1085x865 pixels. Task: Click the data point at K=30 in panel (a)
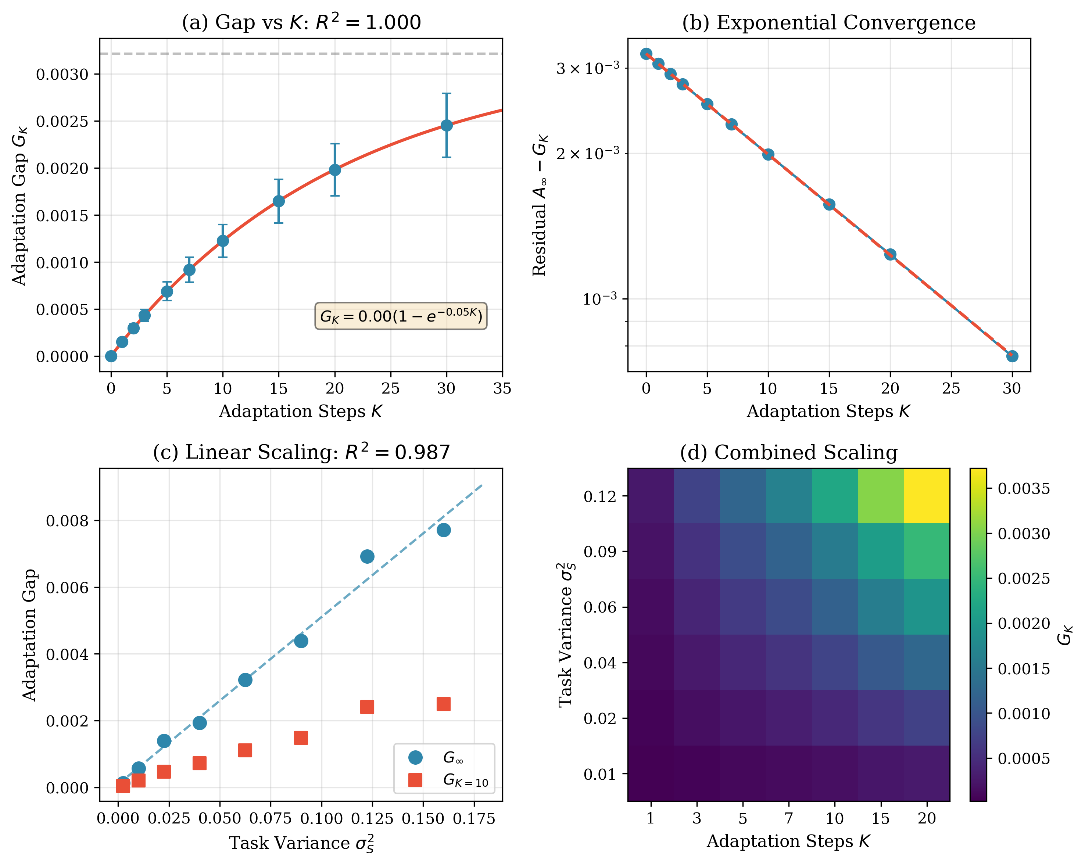(x=446, y=125)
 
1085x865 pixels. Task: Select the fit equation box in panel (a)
(x=401, y=316)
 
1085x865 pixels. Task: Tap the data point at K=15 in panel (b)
(x=829, y=204)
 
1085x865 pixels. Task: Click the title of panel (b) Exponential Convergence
(x=829, y=23)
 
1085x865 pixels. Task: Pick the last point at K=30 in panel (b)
(x=1012, y=356)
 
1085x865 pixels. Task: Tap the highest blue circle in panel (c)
(x=443, y=530)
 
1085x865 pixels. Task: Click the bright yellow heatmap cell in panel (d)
(x=927, y=496)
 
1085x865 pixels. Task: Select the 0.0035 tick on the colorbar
(x=1024, y=489)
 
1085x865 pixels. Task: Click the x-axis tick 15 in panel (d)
(x=881, y=818)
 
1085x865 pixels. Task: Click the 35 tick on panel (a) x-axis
(x=502, y=388)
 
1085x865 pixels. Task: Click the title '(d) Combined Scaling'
(x=789, y=452)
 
